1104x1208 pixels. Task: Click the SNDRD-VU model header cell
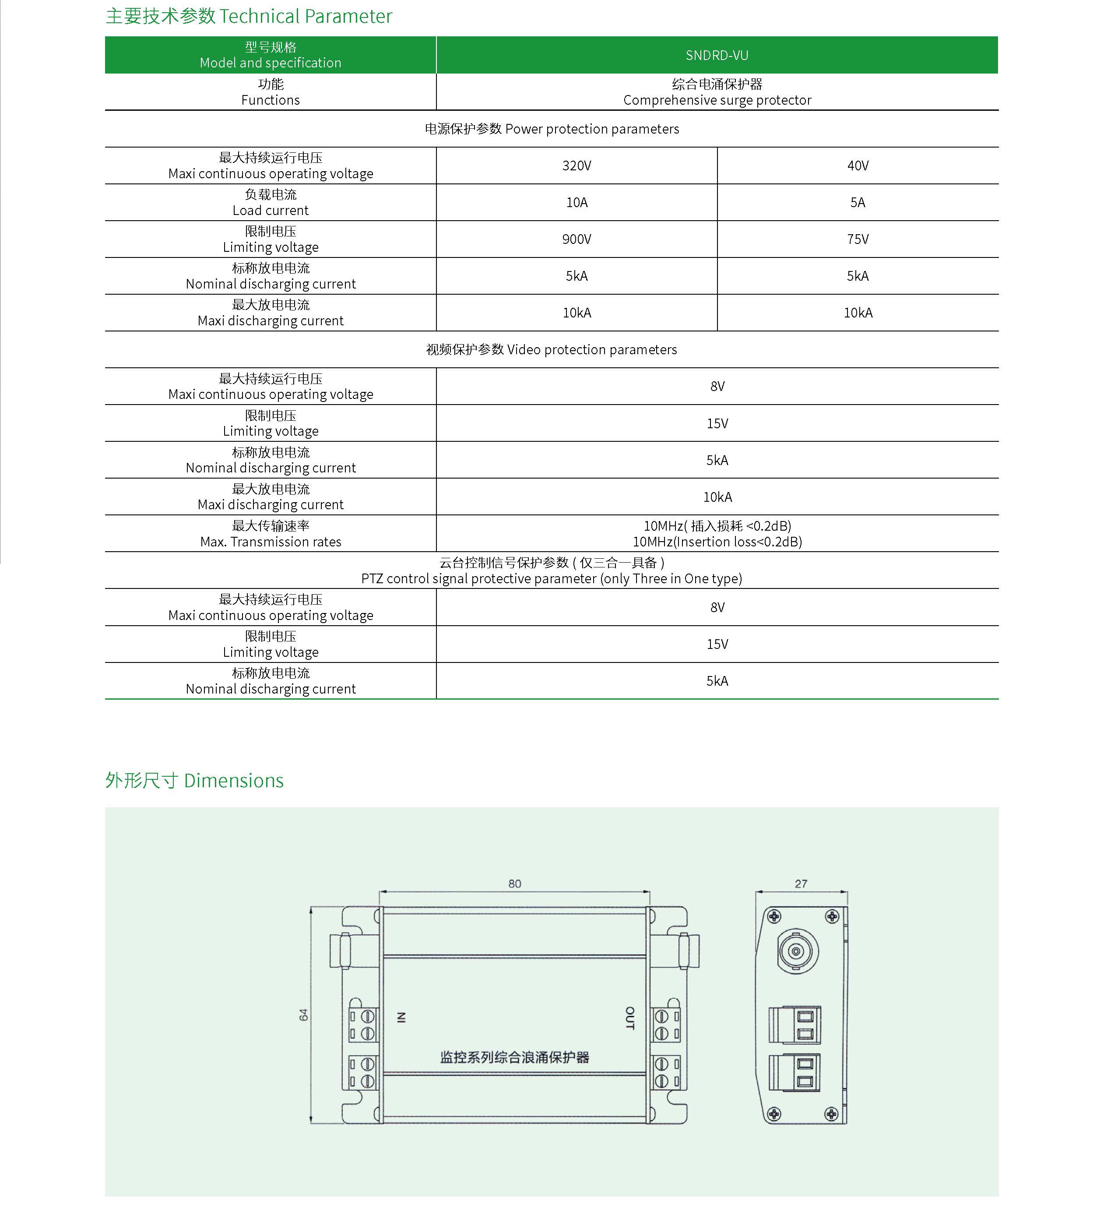click(717, 55)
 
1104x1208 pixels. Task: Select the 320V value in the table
click(576, 166)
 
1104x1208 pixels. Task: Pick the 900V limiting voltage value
click(576, 239)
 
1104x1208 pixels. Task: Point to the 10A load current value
click(576, 203)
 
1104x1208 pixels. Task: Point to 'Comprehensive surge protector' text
click(717, 100)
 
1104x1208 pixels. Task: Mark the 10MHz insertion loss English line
click(717, 542)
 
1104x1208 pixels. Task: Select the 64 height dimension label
click(304, 1014)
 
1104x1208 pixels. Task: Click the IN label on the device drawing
click(401, 1017)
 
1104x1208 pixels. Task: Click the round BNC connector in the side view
click(796, 951)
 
